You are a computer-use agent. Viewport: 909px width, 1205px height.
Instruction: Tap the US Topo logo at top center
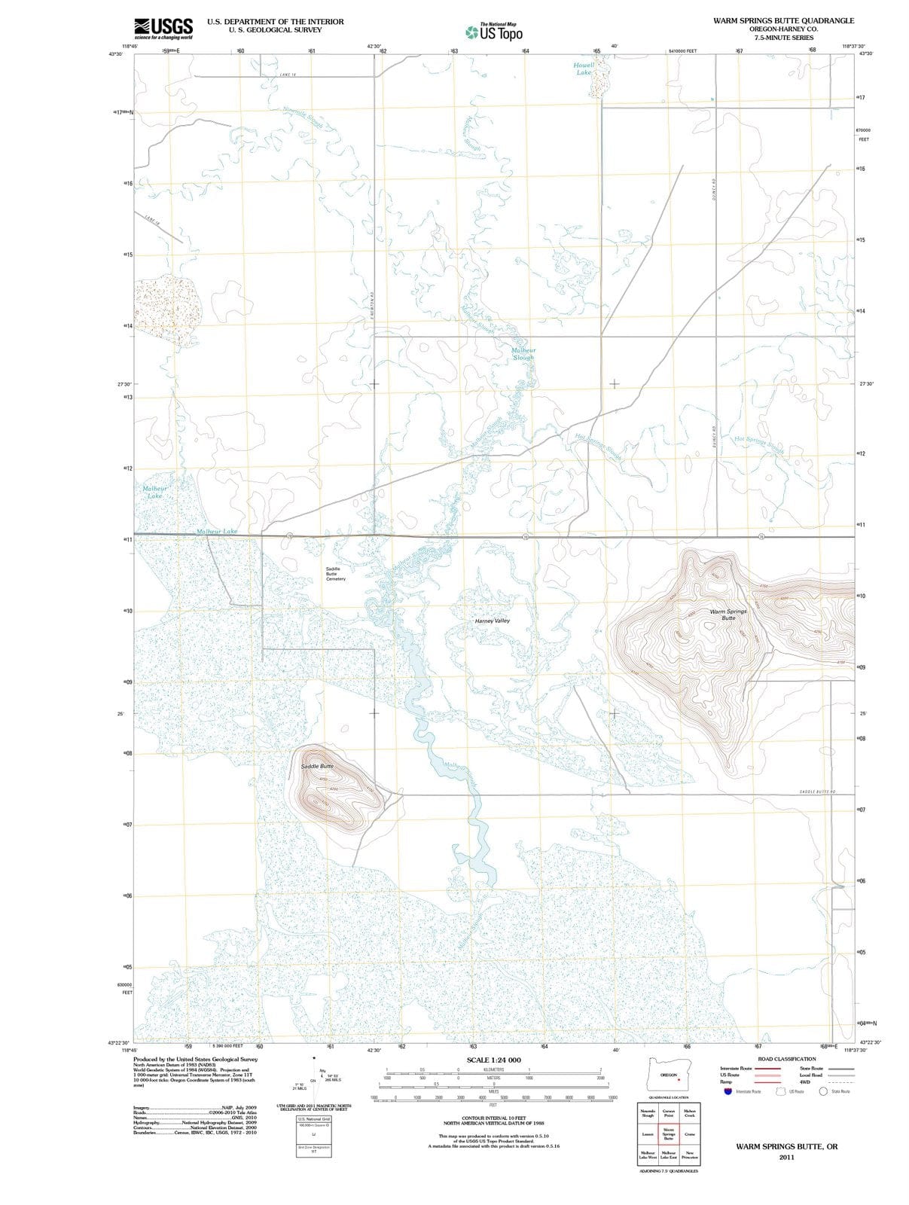493,32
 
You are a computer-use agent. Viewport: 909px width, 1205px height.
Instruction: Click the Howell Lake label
584,69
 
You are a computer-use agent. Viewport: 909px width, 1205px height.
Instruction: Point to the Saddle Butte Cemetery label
336,573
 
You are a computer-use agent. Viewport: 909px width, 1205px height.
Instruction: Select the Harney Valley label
493,621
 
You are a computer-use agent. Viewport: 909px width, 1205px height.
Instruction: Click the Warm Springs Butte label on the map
728,615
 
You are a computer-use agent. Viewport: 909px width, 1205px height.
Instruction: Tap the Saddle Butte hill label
317,766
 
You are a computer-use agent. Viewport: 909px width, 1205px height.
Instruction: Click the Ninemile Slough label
304,117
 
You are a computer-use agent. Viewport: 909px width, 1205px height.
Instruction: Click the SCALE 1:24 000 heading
493,1060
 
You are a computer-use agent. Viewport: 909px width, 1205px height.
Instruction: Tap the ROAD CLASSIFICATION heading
786,1059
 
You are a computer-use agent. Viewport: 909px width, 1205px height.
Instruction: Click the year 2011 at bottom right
786,1157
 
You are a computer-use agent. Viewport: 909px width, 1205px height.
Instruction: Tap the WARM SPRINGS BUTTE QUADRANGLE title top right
783,21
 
